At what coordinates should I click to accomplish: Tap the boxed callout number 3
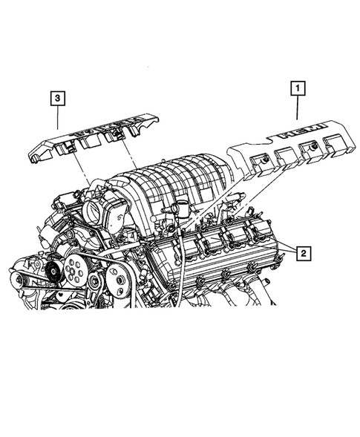click(x=57, y=97)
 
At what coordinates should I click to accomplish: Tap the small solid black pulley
click(x=51, y=272)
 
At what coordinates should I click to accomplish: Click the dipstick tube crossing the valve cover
click(x=180, y=267)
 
